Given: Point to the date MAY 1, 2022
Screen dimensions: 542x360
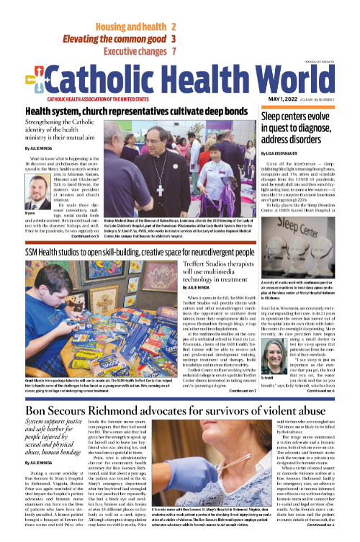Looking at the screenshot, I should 274,98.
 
